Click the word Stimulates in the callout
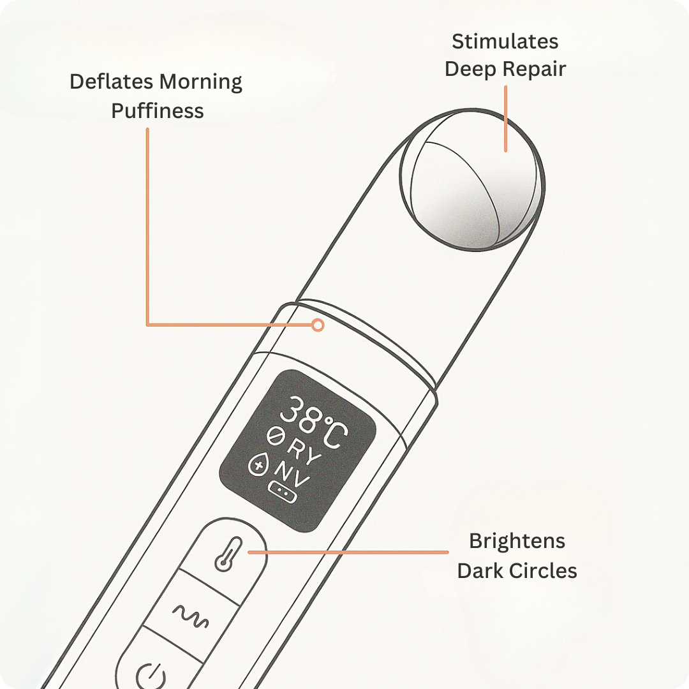point(505,42)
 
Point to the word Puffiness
point(157,111)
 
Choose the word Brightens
point(517,542)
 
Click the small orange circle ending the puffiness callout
point(318,325)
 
